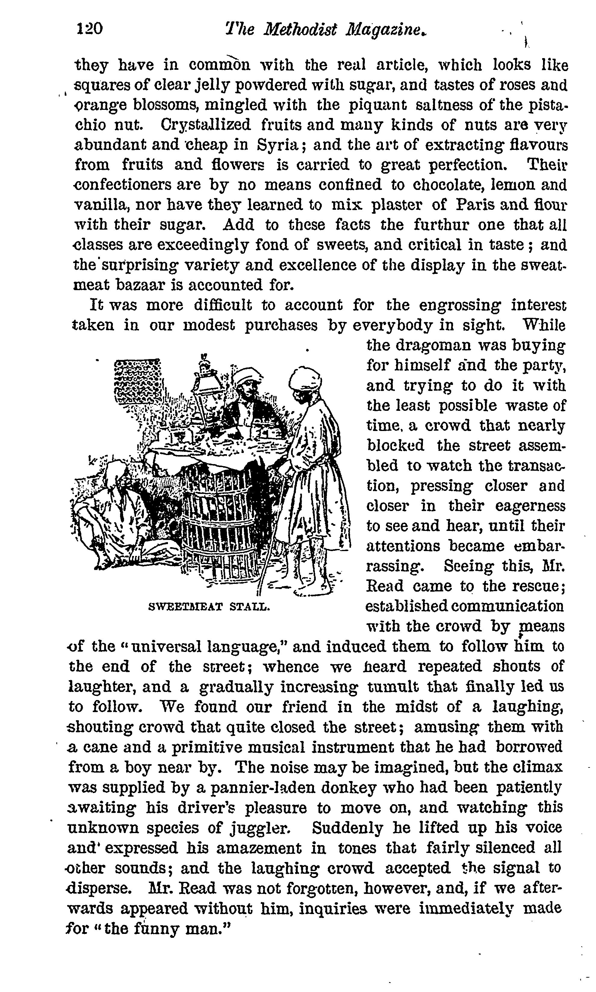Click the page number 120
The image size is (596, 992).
pos(89,29)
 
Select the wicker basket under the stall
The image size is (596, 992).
pos(219,522)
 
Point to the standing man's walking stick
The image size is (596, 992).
pos(273,534)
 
